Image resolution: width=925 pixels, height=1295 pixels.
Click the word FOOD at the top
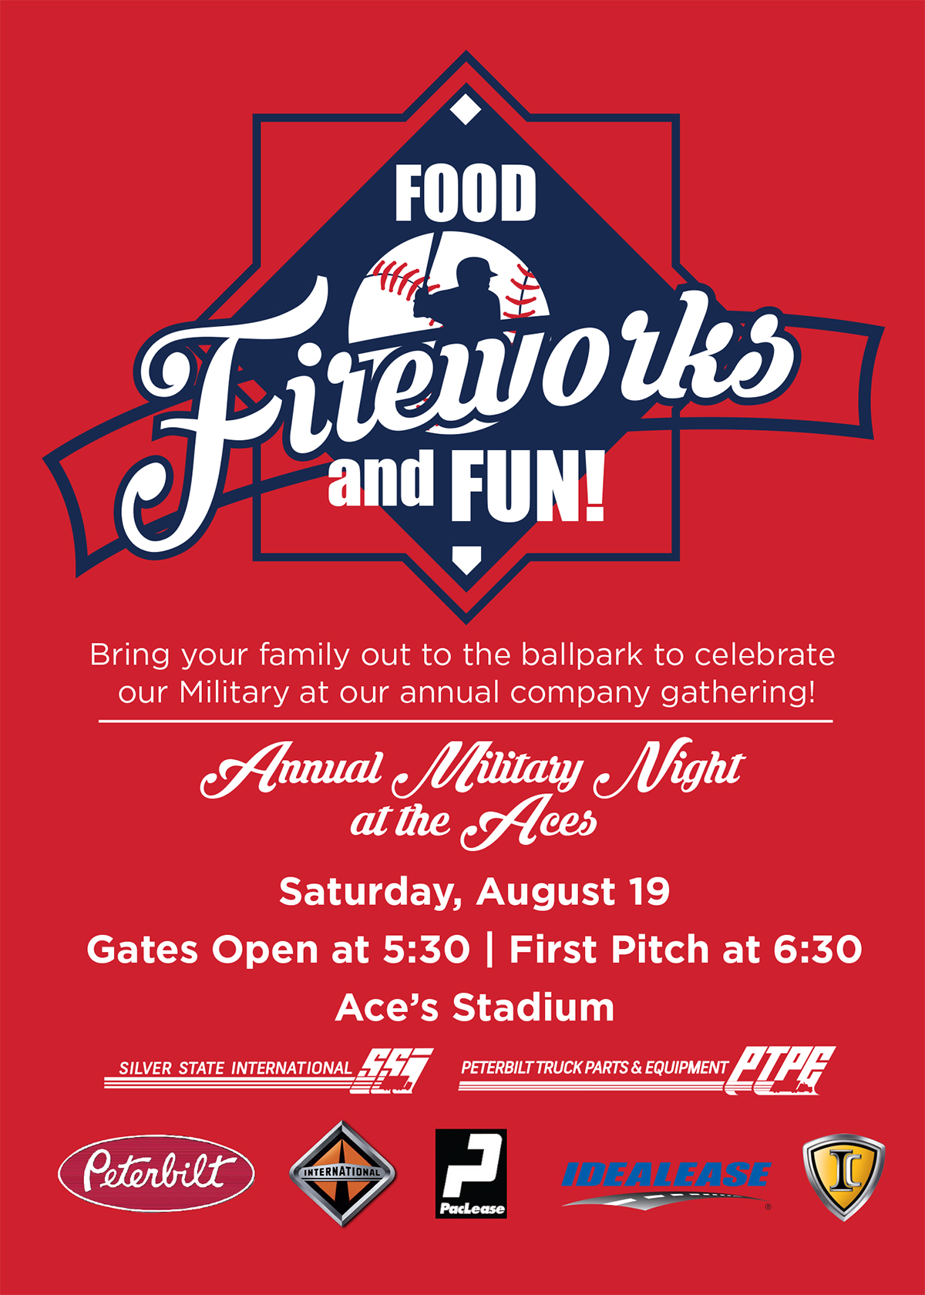click(x=466, y=193)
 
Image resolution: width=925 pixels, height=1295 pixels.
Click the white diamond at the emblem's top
click(x=465, y=109)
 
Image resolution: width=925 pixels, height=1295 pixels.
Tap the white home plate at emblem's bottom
click(x=466, y=559)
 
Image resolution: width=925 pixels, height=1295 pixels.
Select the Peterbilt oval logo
click(x=156, y=1173)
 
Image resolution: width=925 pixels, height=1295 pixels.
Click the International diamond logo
click(x=342, y=1174)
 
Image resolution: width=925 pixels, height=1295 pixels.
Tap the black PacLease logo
click(x=470, y=1173)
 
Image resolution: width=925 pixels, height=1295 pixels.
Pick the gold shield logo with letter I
click(x=844, y=1176)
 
